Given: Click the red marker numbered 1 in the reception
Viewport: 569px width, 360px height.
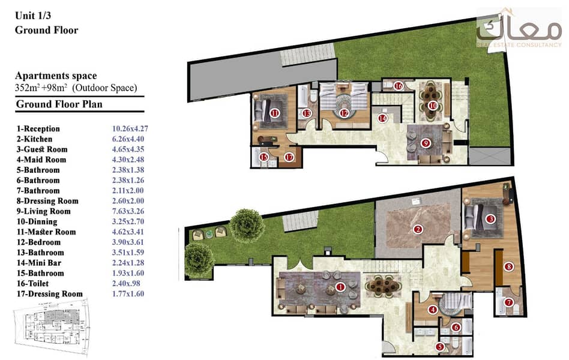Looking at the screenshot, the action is (x=340, y=287).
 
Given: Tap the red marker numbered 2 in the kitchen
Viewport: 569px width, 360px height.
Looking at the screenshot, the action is (x=418, y=229).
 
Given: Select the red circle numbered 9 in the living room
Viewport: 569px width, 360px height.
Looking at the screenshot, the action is (x=426, y=143).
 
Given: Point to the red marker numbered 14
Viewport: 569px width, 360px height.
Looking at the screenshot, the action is (x=382, y=118).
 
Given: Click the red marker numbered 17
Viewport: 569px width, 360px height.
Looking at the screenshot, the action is (x=289, y=157).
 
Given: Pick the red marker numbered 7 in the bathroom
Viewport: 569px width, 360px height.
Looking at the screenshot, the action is (x=508, y=302).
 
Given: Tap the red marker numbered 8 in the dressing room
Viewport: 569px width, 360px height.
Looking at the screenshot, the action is (x=509, y=267).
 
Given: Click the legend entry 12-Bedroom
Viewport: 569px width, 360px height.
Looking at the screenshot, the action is (x=38, y=242).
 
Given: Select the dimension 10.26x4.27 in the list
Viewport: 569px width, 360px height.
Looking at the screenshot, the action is (x=130, y=128).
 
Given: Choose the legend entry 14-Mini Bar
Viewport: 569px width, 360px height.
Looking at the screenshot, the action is (x=39, y=263).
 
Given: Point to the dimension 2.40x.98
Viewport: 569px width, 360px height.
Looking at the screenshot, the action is (x=126, y=283).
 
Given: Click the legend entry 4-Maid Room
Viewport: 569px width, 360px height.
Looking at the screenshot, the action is (x=41, y=160).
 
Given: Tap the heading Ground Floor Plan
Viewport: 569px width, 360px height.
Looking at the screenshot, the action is (x=59, y=104).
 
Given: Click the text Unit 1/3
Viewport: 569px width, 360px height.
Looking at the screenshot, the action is (x=33, y=16).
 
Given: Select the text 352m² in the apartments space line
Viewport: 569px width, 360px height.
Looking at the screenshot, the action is (x=26, y=88).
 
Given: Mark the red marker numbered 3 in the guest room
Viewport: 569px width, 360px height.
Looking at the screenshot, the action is (x=490, y=219).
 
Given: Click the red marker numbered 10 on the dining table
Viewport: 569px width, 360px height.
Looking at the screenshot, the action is (x=433, y=106).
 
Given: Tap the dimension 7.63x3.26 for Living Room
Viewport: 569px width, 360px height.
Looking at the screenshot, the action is (x=128, y=211).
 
